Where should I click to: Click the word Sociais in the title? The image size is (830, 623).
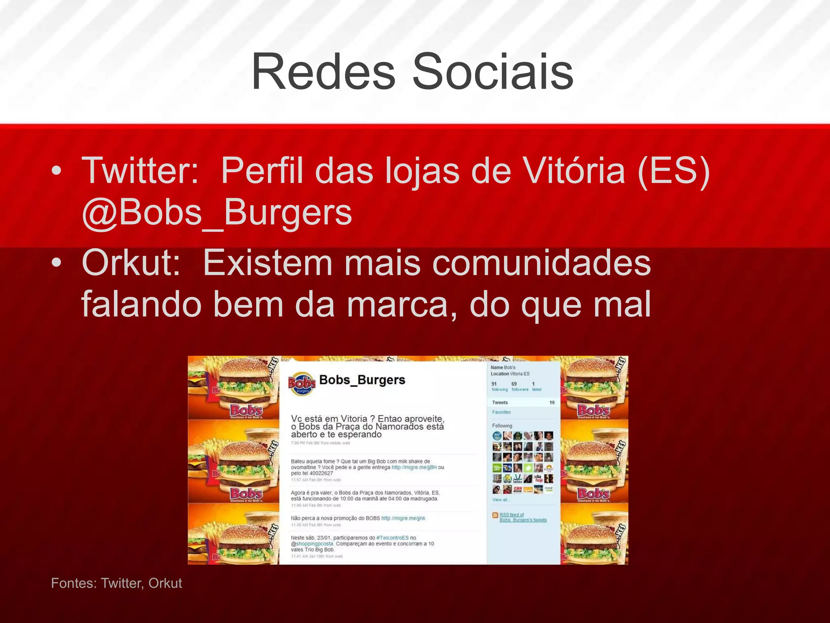pyautogui.click(x=493, y=72)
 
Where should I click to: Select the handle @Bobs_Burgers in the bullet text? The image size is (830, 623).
pyautogui.click(x=217, y=213)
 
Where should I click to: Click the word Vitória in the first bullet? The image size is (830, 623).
pyautogui.click(x=574, y=171)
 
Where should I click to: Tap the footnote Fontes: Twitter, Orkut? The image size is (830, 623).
pyautogui.click(x=116, y=583)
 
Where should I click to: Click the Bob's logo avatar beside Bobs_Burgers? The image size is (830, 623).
pyautogui.click(x=302, y=383)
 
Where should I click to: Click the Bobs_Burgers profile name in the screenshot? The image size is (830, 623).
pyautogui.click(x=362, y=380)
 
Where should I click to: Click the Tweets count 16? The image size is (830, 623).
pyautogui.click(x=552, y=402)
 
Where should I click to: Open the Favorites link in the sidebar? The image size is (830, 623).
pyautogui.click(x=501, y=412)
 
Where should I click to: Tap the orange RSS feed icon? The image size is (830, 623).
pyautogui.click(x=495, y=515)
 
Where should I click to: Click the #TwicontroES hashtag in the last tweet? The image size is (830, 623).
pyautogui.click(x=392, y=538)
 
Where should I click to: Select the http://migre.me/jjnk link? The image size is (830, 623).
pyautogui.click(x=403, y=518)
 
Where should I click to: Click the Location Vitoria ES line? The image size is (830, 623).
pyautogui.click(x=510, y=374)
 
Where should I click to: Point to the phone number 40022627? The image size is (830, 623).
pyautogui.click(x=321, y=473)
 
